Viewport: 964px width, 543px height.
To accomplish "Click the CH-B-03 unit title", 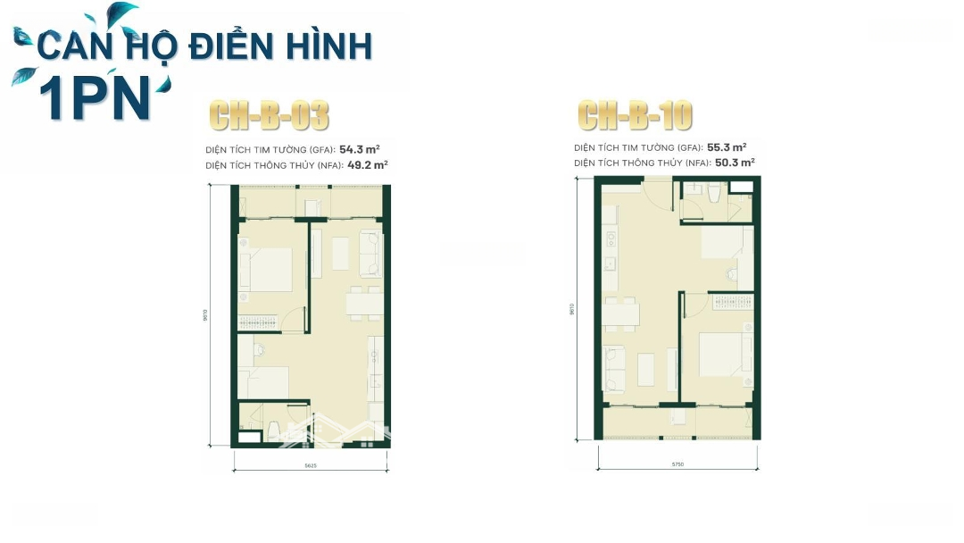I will click(269, 116).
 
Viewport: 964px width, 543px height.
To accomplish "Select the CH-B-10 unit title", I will click(635, 115).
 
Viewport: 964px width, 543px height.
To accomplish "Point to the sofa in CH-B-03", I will click(370, 254).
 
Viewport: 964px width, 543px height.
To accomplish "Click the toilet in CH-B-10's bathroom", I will click(712, 194).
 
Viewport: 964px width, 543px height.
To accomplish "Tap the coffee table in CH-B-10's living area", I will click(645, 368).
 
